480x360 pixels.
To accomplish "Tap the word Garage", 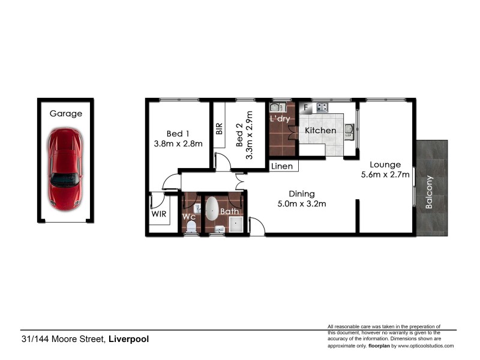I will (x=65, y=113).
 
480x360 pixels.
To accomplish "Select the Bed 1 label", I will (x=178, y=133).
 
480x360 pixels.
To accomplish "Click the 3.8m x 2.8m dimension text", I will (x=178, y=143).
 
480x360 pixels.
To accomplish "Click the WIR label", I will (x=158, y=214).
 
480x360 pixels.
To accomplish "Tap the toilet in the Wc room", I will (x=191, y=226).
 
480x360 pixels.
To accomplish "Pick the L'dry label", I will (x=280, y=119).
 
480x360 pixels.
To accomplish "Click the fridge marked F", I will (x=305, y=108).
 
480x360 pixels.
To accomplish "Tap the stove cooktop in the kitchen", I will (x=322, y=107).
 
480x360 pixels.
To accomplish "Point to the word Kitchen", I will (x=320, y=130).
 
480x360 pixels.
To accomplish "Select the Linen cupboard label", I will (x=281, y=166).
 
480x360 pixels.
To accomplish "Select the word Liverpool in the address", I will (x=128, y=339).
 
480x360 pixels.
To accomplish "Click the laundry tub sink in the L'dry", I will (x=277, y=108).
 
